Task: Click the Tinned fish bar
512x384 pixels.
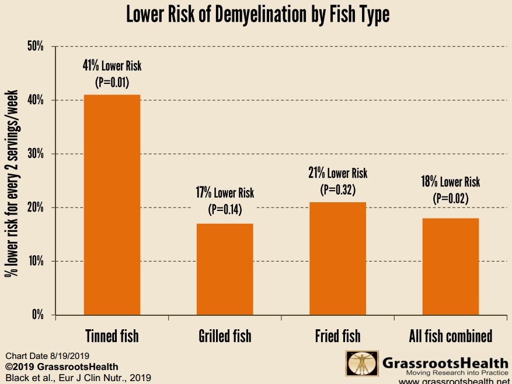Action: [x=112, y=205]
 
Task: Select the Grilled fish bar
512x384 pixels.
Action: [x=225, y=269]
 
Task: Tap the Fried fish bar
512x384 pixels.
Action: [x=338, y=258]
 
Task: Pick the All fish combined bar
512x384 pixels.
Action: [x=451, y=266]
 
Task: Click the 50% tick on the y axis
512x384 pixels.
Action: [x=36, y=47]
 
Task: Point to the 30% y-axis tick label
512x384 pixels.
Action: [x=36, y=154]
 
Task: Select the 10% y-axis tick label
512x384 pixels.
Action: [x=36, y=261]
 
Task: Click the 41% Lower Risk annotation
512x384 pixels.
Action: [x=112, y=66]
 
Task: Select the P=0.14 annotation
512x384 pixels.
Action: [x=225, y=208]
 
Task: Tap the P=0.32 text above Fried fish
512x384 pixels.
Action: [x=338, y=189]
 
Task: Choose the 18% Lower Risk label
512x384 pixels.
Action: [x=451, y=182]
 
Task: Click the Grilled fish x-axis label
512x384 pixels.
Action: [x=225, y=336]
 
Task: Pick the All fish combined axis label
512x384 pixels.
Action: [x=451, y=336]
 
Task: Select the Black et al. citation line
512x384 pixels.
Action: [x=78, y=378]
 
